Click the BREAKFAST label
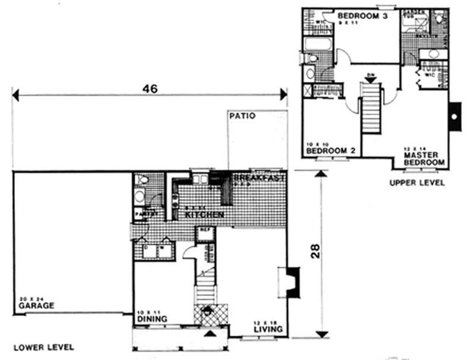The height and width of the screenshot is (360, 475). point(260,178)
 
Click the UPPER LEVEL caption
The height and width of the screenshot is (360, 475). point(417,183)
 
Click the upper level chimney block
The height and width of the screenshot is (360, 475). point(455,116)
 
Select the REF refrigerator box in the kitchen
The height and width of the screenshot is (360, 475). point(205,234)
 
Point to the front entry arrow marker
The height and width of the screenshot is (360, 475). point(208,336)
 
